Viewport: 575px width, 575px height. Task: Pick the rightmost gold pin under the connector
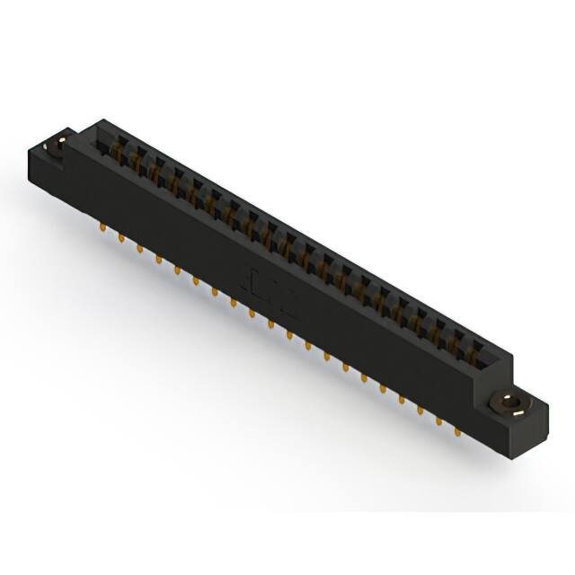(x=458, y=430)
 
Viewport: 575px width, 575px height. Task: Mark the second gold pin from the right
(x=439, y=420)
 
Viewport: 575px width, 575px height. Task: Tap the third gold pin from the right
(x=420, y=409)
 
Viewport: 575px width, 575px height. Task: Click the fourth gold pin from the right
(x=402, y=398)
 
